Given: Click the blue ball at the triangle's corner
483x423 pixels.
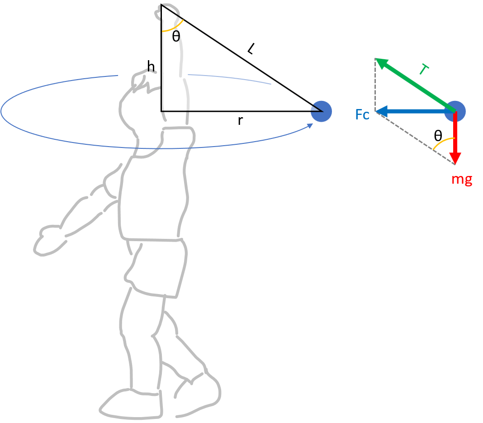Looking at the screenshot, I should coord(322,111).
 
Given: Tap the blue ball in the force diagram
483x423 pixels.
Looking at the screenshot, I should coord(455,111).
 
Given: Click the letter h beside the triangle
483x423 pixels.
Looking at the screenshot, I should coord(151,67).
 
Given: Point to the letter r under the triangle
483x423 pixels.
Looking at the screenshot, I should coord(240,121).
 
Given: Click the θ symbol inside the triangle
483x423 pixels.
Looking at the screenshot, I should coord(176,37).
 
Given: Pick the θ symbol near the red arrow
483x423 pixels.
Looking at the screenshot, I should coord(437,135).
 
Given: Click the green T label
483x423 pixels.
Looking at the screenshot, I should coord(424,70).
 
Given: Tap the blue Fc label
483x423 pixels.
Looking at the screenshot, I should coord(362,114).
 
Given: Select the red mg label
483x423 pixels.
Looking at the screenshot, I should coord(462,179).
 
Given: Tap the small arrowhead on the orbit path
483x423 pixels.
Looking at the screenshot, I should coord(310,125).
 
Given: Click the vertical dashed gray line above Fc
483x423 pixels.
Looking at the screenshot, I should coord(375,84).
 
